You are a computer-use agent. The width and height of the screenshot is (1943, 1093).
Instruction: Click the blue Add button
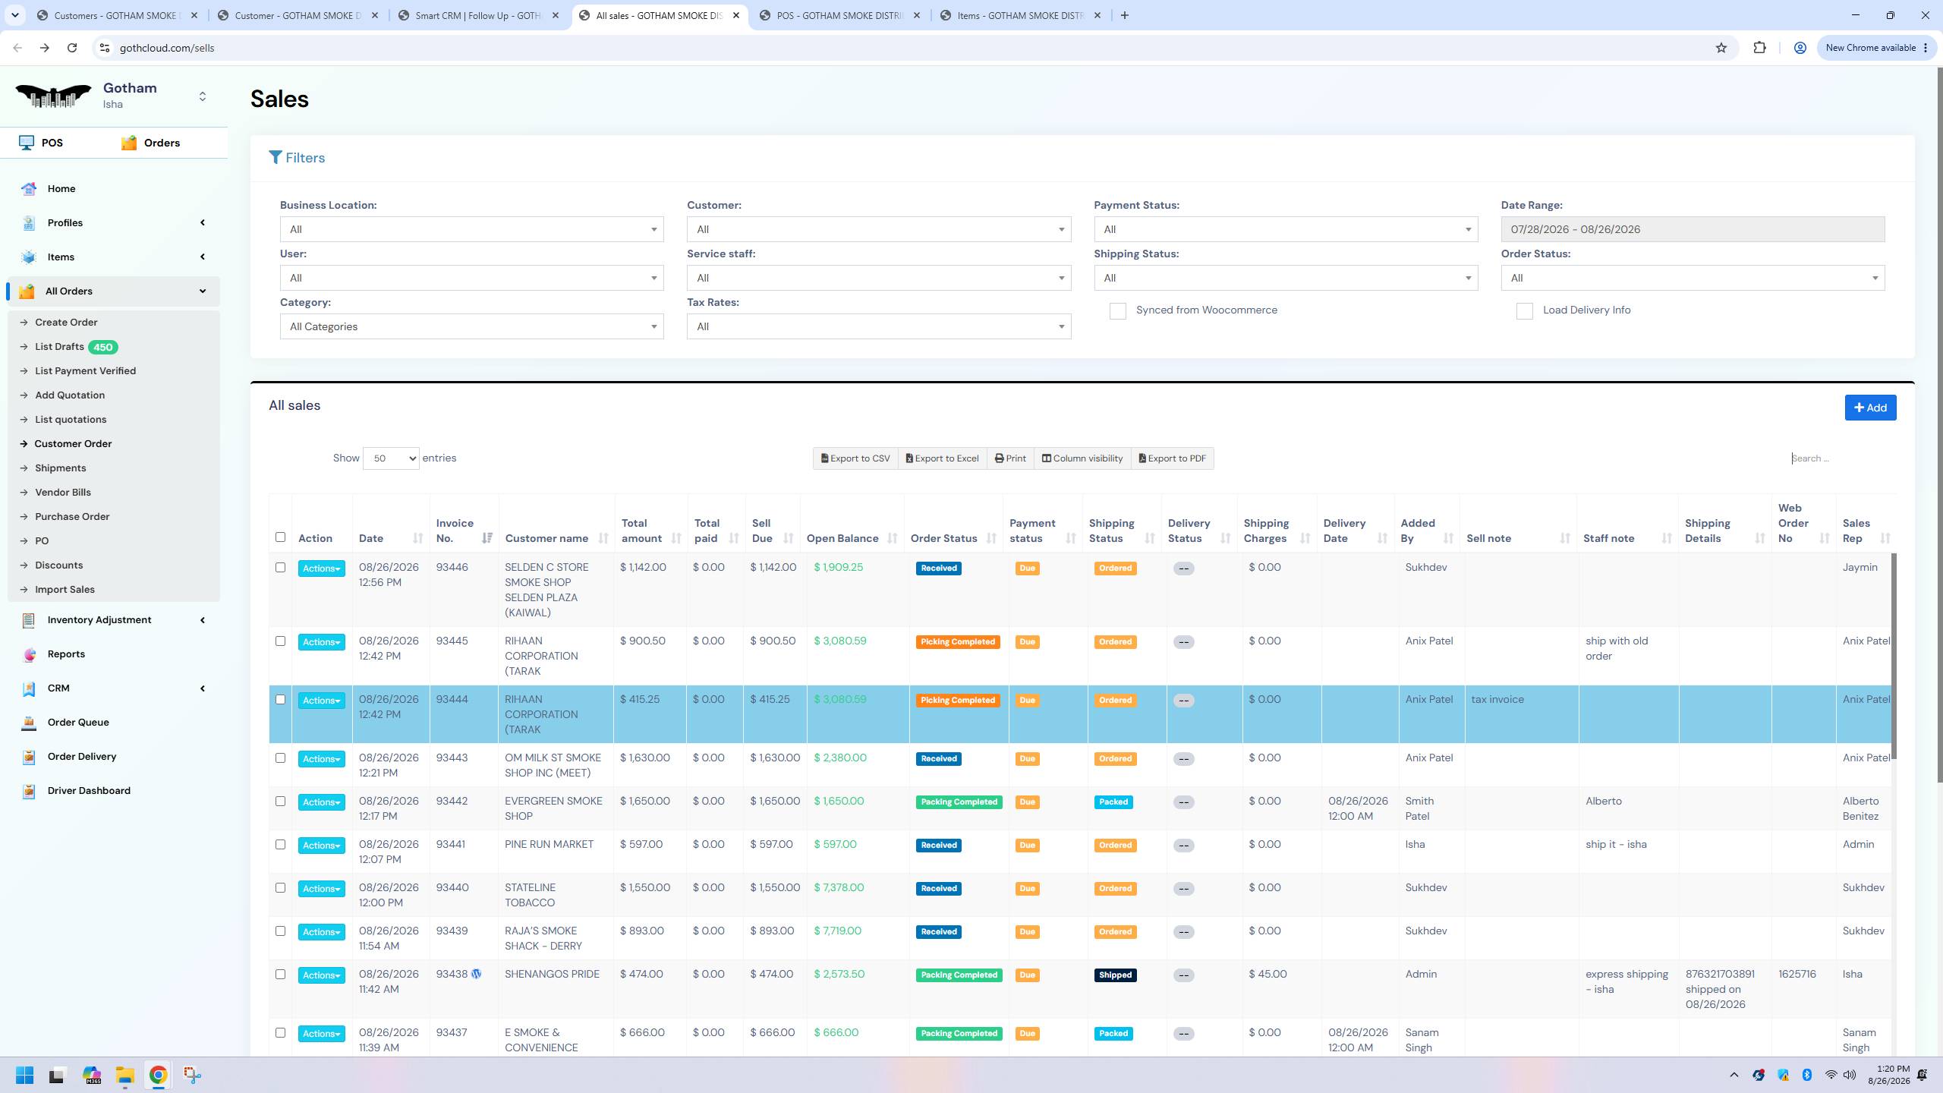pyautogui.click(x=1870, y=408)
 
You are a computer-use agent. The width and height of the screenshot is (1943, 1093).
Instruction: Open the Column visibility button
pyautogui.click(x=1082, y=458)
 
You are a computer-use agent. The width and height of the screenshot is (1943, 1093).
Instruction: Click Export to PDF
pyautogui.click(x=1173, y=458)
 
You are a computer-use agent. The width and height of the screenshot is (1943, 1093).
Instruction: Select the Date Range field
pyautogui.click(x=1693, y=229)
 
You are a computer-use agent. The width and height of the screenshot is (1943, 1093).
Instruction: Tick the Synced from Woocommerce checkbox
pyautogui.click(x=1117, y=311)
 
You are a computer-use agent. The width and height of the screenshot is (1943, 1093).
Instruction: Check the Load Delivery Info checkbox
pyautogui.click(x=1524, y=311)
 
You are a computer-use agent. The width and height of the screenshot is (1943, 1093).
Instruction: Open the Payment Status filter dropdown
pyautogui.click(x=1286, y=229)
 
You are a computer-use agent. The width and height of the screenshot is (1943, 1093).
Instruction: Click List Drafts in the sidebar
pyautogui.click(x=59, y=347)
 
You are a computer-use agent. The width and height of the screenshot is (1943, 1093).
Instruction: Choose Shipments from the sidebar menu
pyautogui.click(x=61, y=468)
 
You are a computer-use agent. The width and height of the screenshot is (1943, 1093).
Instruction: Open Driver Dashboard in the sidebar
pyautogui.click(x=89, y=791)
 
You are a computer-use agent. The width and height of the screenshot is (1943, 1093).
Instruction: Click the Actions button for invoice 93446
pyautogui.click(x=321, y=569)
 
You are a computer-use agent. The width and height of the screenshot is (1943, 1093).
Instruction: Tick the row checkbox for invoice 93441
pyautogui.click(x=280, y=845)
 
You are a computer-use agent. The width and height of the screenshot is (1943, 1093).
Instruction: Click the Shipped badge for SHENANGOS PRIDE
pyautogui.click(x=1115, y=975)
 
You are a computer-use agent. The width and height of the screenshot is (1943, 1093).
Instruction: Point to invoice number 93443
pyautogui.click(x=452, y=758)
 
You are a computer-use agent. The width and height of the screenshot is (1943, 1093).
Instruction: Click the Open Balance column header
pyautogui.click(x=842, y=538)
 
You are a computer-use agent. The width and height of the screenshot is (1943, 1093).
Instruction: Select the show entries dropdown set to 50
pyautogui.click(x=391, y=458)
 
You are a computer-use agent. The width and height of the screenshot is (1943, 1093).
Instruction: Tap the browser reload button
pyautogui.click(x=72, y=48)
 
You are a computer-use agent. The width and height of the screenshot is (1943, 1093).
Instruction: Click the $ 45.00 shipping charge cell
pyautogui.click(x=1268, y=975)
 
